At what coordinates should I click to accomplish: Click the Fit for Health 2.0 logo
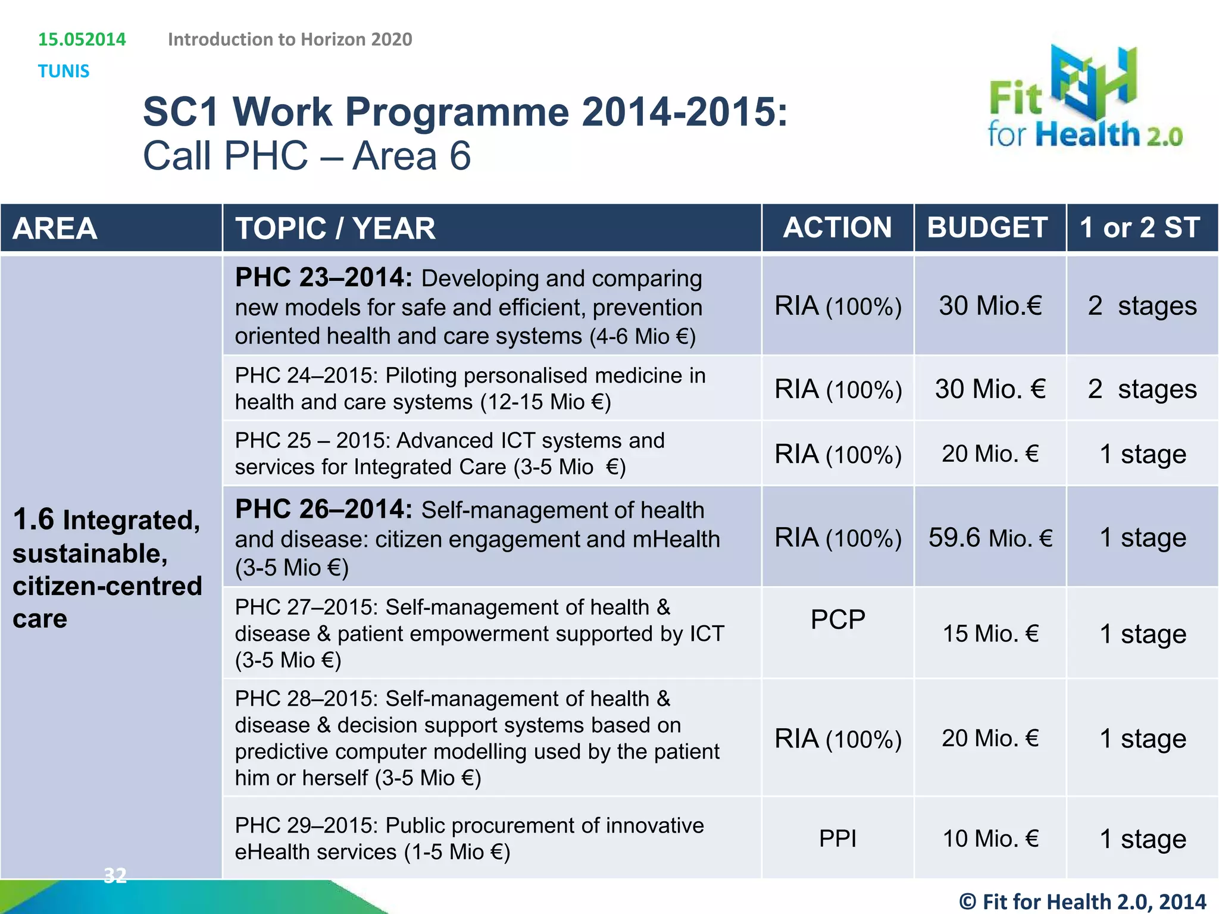click(1084, 98)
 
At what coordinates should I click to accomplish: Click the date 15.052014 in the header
click(82, 39)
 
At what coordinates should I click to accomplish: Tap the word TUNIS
click(64, 71)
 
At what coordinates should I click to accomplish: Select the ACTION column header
click(837, 228)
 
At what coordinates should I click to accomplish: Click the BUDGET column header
click(987, 228)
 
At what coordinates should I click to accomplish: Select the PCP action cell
click(837, 620)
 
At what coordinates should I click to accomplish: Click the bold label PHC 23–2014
click(323, 278)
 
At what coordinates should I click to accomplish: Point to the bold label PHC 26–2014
click(323, 510)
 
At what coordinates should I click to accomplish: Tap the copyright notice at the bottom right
click(1082, 901)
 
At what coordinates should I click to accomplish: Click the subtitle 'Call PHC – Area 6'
click(307, 156)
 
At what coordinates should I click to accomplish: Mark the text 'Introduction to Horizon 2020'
click(290, 39)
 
